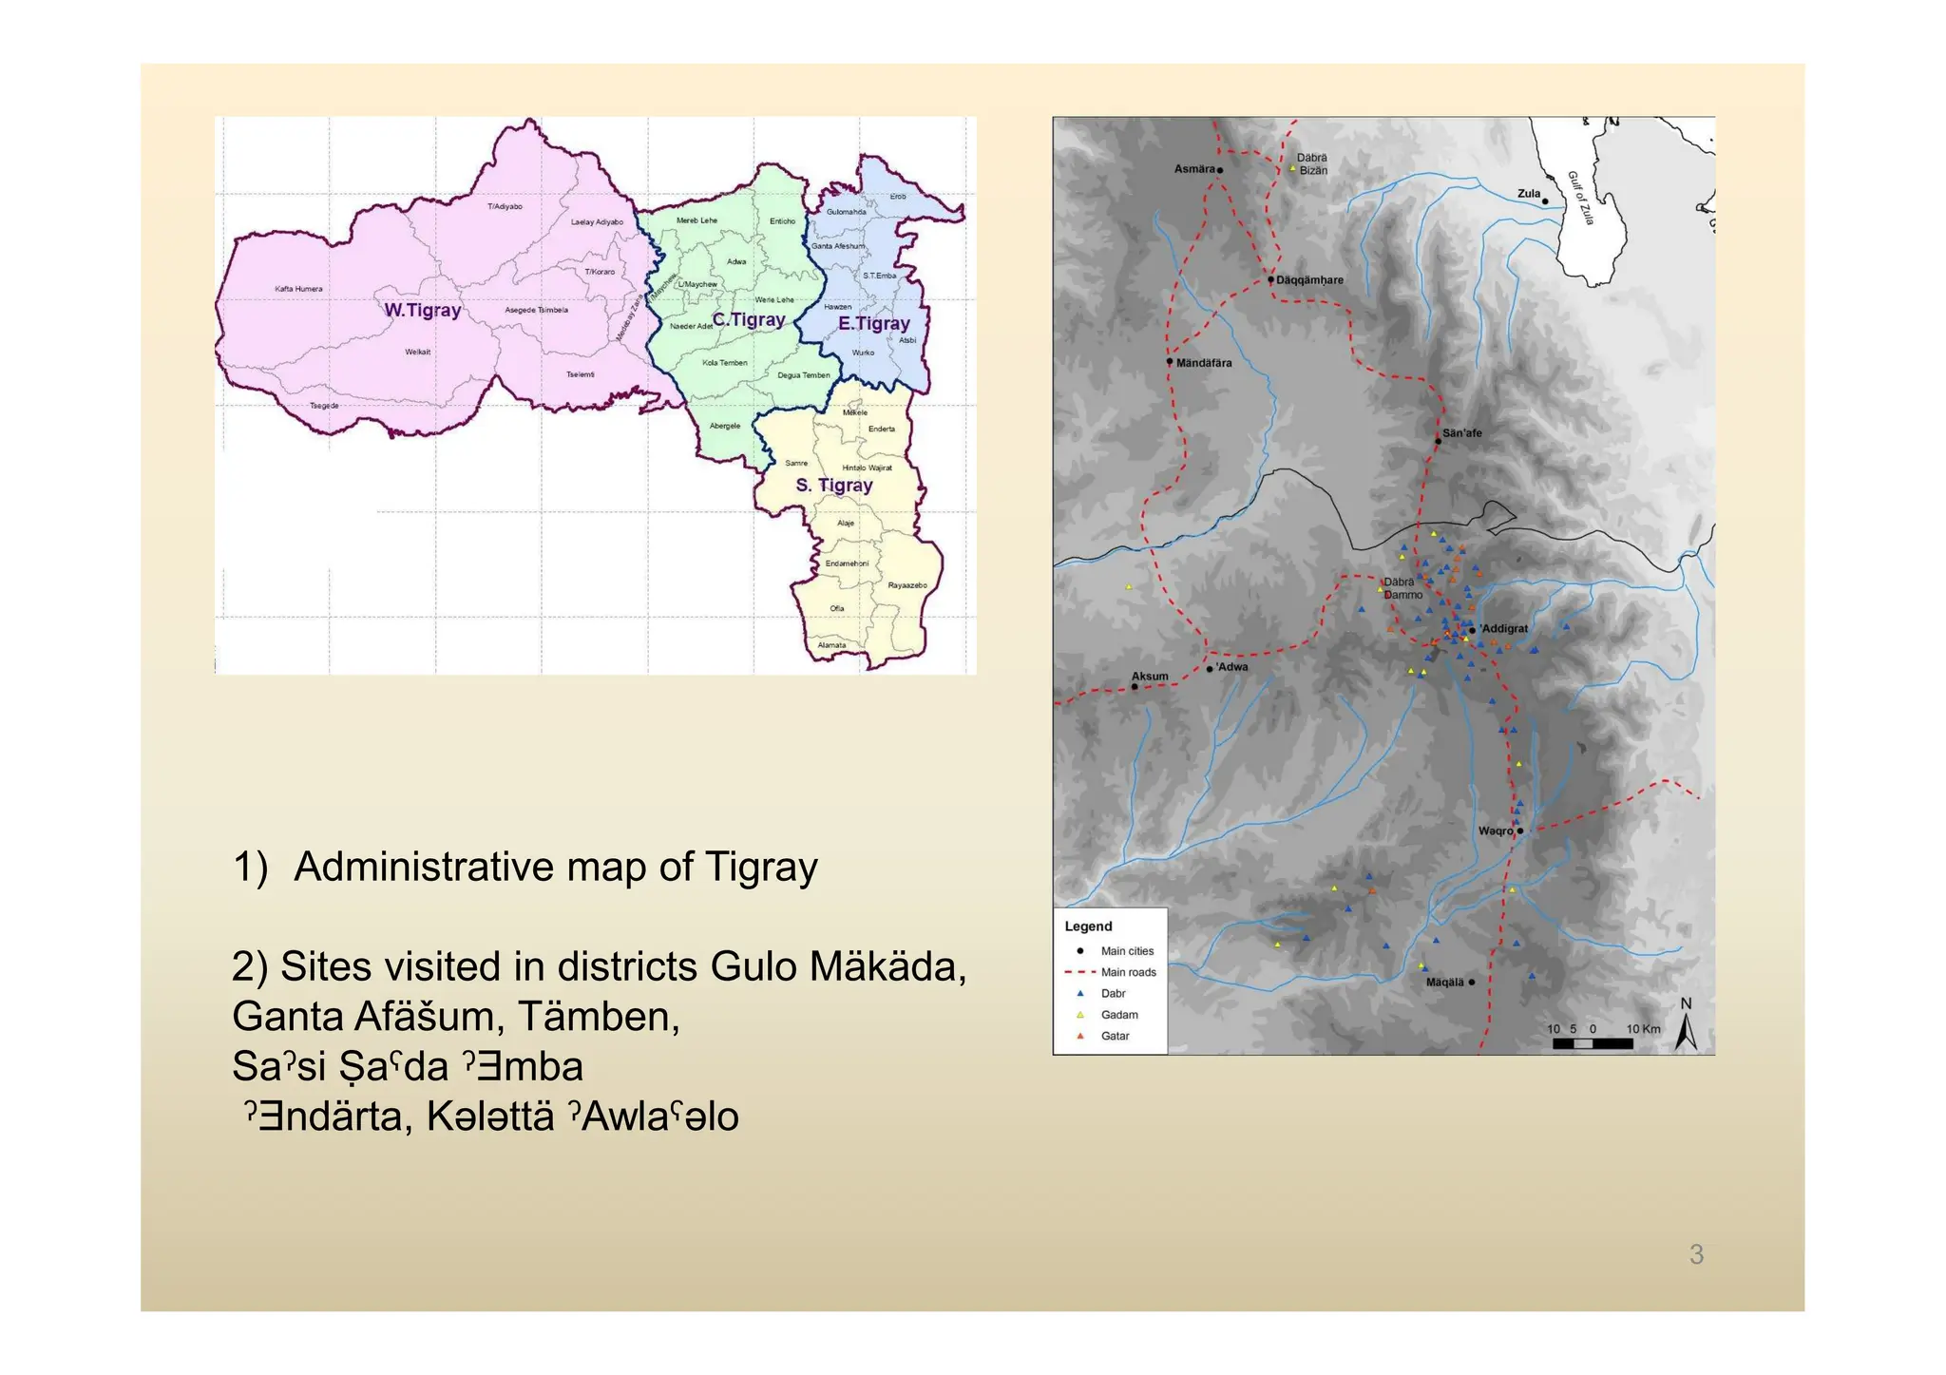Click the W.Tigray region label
point(422,310)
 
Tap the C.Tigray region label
point(749,319)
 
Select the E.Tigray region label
point(873,323)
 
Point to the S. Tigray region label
point(833,485)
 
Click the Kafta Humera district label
point(298,289)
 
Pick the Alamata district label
point(831,645)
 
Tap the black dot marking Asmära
point(1220,170)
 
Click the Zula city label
point(1528,194)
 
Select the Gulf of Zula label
point(1580,198)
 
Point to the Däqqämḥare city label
point(1309,280)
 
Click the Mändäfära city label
point(1203,363)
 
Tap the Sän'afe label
point(1461,433)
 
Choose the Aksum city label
point(1150,677)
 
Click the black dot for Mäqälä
point(1471,982)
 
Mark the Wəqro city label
point(1495,831)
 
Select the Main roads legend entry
point(1128,972)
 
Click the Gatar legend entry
point(1115,1036)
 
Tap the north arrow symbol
point(1686,1030)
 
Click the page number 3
point(1696,1254)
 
